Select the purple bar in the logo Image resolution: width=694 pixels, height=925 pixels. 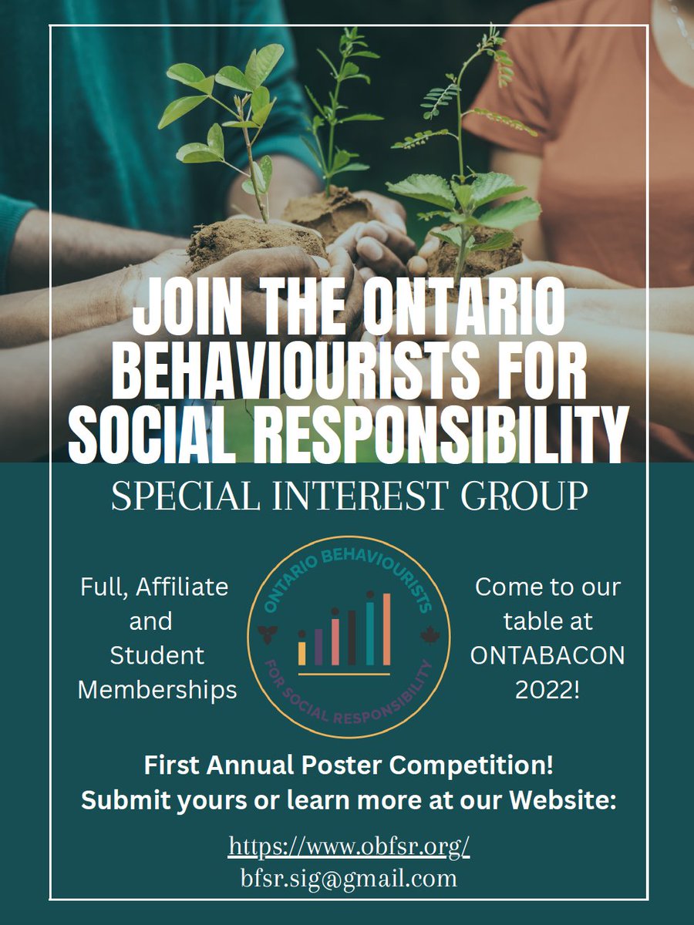coord(318,646)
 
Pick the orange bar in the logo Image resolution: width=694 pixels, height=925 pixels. coord(386,629)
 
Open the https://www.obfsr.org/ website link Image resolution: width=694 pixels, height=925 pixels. coord(349,846)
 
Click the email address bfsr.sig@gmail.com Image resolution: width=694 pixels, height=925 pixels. coord(349,877)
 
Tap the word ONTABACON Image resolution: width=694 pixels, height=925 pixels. coord(547,655)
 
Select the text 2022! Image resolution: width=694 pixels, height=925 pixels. coord(547,689)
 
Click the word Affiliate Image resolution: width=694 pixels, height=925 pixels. coord(183,587)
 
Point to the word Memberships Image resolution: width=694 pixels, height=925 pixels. coord(157,689)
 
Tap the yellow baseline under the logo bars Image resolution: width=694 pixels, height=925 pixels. coord(344,674)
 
